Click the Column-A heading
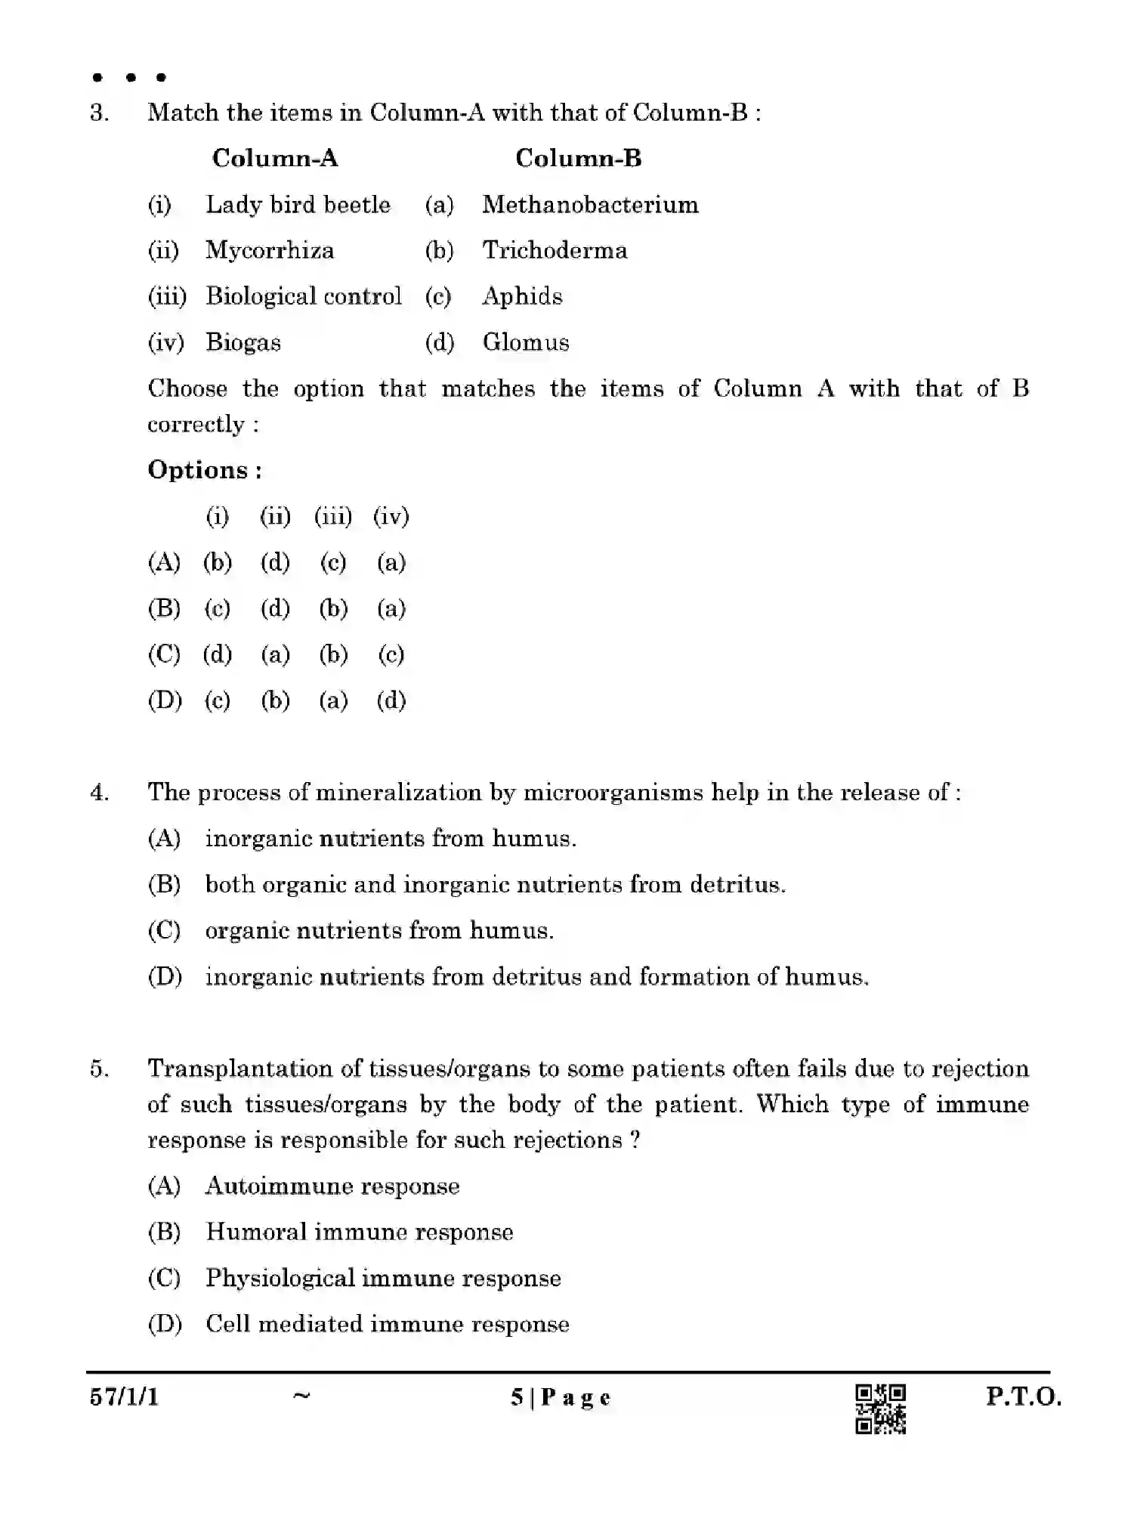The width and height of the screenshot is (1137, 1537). tap(275, 158)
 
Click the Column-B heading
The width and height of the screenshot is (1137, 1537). tap(578, 158)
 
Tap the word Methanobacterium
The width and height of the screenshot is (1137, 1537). tap(590, 205)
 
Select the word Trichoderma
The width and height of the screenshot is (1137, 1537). tap(555, 251)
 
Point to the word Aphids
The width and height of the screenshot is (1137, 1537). tap(522, 296)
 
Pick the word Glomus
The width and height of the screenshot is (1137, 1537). tap(526, 342)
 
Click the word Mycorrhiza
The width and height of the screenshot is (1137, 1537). tap(270, 251)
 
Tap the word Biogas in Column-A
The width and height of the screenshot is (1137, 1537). tap(243, 342)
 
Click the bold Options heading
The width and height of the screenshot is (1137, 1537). tap(205, 470)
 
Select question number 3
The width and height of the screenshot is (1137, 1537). tap(99, 113)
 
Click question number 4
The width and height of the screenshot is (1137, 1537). tap(99, 793)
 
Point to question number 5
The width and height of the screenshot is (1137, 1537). tap(99, 1069)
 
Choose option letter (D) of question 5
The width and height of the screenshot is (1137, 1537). tap(165, 1324)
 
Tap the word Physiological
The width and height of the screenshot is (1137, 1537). tap(280, 1278)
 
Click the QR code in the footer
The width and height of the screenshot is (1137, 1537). tap(880, 1409)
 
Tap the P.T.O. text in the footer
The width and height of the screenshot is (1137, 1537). tap(1023, 1396)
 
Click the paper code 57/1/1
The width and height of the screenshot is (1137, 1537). tap(125, 1396)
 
